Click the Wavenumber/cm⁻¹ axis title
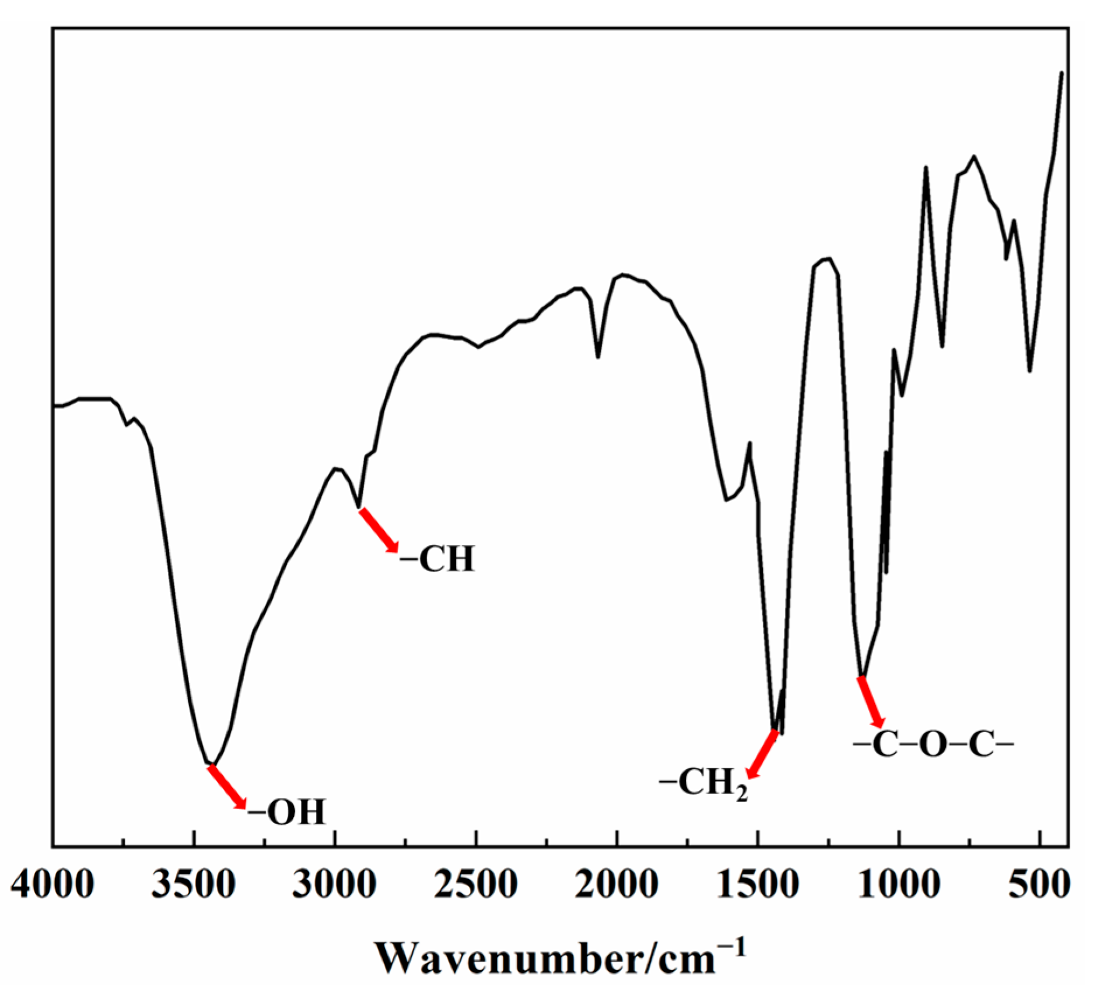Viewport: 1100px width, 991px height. (560, 957)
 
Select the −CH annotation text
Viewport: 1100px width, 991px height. (437, 559)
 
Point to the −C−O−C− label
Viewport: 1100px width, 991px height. (933, 745)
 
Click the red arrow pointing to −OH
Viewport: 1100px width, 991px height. (227, 787)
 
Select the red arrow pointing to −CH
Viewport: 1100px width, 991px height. (379, 530)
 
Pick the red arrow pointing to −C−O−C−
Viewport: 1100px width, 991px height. (871, 702)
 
